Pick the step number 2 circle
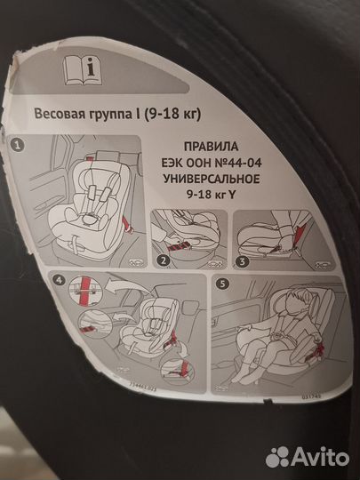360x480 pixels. click(x=162, y=260)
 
